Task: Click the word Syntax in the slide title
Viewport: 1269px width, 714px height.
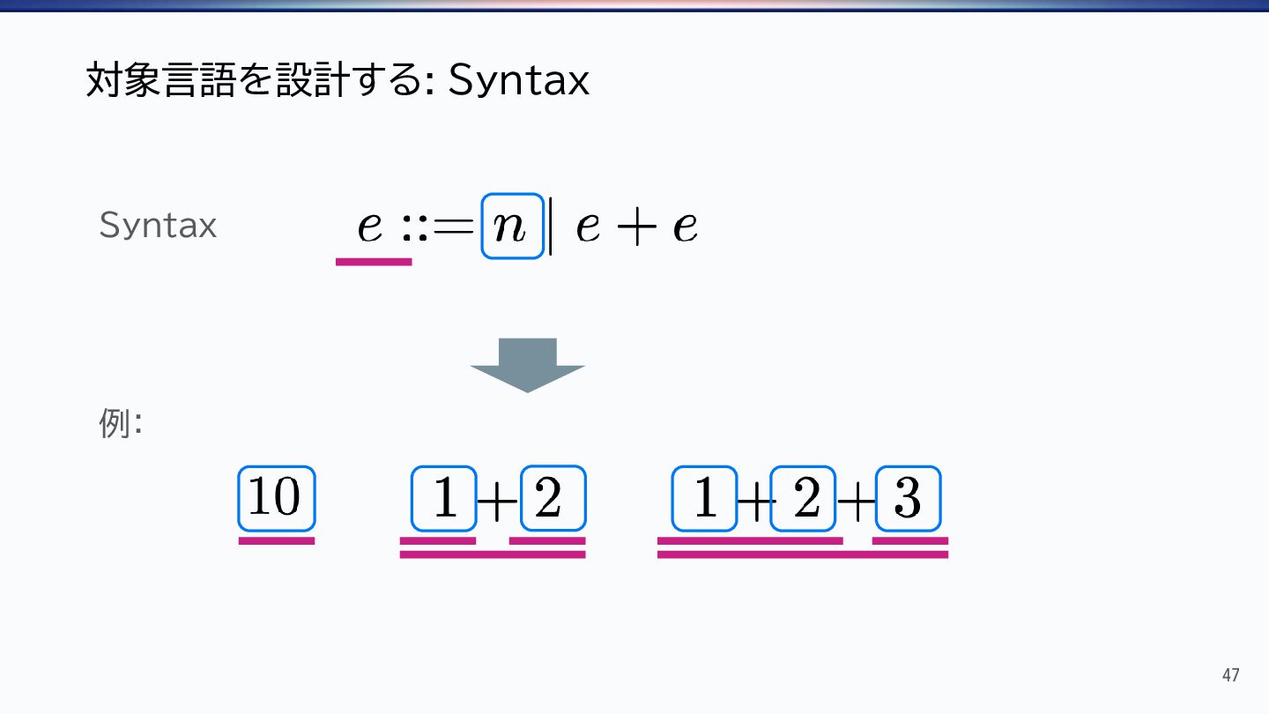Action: coord(518,81)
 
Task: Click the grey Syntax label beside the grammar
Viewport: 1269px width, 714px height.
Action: coord(158,226)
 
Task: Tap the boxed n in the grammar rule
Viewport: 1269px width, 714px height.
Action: coord(512,227)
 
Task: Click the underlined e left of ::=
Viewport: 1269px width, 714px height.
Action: coord(370,227)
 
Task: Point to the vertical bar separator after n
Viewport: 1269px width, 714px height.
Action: coord(551,227)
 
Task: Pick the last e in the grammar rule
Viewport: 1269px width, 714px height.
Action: coord(685,228)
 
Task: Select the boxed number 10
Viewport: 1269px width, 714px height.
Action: coord(276,498)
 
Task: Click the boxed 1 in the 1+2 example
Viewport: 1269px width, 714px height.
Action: coord(444,499)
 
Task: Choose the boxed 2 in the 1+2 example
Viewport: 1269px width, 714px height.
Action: coord(553,499)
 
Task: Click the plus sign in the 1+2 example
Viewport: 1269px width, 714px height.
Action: coord(498,502)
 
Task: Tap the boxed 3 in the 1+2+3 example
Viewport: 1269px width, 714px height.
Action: coord(908,499)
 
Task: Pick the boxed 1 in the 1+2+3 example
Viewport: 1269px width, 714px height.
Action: coord(704,499)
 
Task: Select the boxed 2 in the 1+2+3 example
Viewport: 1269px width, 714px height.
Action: coord(804,499)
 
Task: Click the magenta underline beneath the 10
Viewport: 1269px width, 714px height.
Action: coord(276,540)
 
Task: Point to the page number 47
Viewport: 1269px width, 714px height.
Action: coord(1230,675)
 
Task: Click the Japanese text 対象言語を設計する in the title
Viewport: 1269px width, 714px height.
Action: coord(256,81)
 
